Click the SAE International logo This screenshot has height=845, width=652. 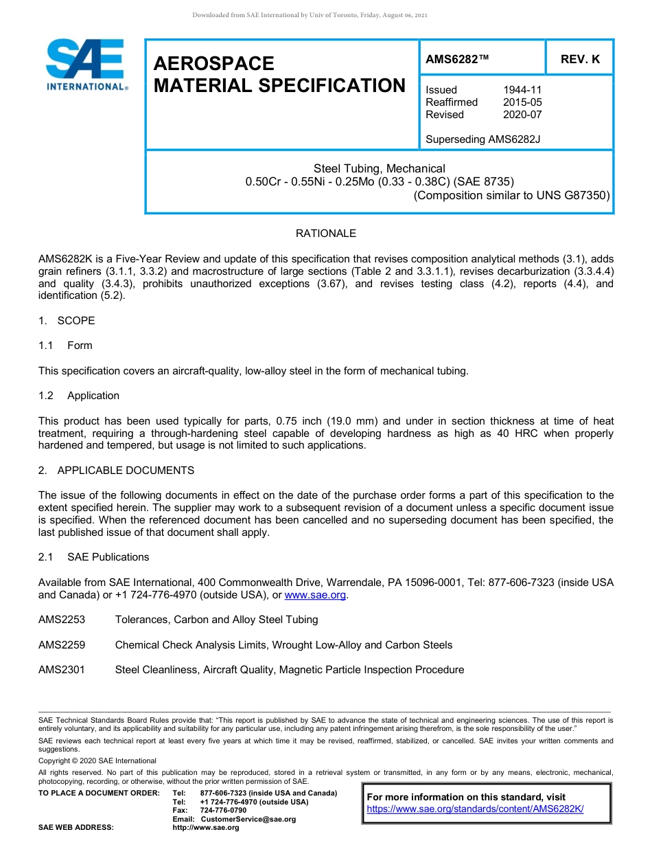[86, 65]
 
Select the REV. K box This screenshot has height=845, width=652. [580, 59]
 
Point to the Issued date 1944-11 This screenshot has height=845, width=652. [522, 90]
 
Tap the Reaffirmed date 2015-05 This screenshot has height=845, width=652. [522, 102]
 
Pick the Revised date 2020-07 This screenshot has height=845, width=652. [522, 115]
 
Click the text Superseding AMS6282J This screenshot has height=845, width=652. [483, 139]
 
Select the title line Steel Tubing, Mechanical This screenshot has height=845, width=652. [379, 168]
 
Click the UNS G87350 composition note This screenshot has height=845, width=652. [511, 195]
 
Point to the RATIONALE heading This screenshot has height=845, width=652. [326, 234]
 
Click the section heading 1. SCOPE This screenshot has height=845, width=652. [67, 321]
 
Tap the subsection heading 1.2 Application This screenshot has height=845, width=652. [79, 396]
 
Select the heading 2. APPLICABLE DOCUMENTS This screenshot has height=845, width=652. [116, 471]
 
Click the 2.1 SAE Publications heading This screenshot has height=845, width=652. [93, 557]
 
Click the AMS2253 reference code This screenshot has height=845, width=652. [62, 620]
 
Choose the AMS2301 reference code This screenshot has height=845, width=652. [62, 670]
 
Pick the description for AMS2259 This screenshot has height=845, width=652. [283, 645]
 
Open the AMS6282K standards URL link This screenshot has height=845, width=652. [475, 809]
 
